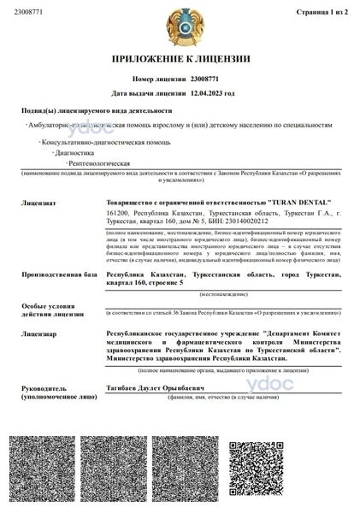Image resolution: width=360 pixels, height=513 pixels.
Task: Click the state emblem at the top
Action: tap(180, 29)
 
